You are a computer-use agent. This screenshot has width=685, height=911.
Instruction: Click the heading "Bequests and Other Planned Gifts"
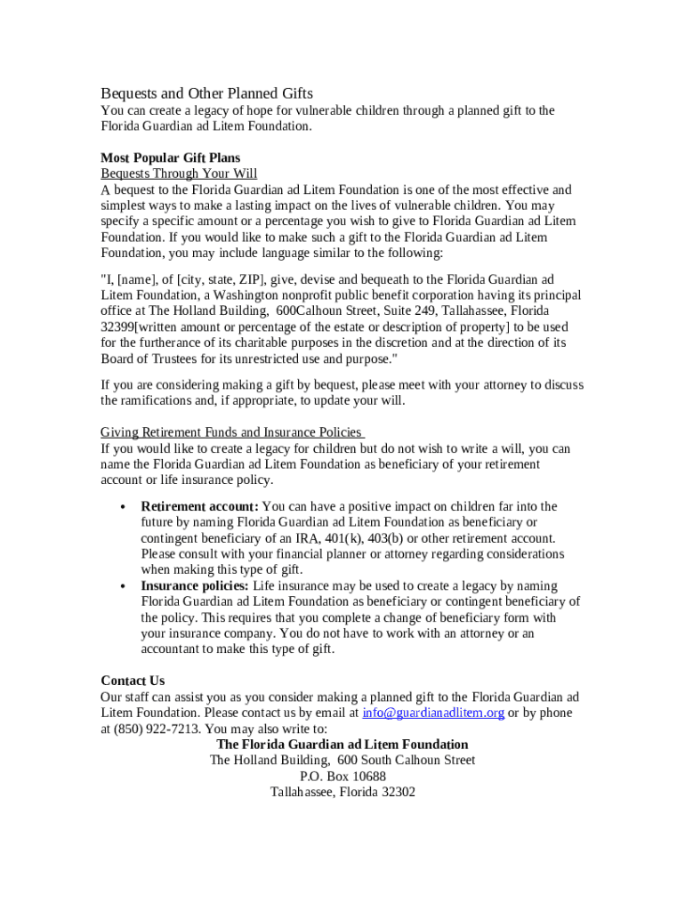pos(206,93)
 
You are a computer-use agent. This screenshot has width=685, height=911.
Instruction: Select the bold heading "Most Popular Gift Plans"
pos(170,157)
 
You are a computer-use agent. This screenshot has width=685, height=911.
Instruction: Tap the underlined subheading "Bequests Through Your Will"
pos(179,173)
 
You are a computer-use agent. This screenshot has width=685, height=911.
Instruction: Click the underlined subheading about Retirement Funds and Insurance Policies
pos(231,432)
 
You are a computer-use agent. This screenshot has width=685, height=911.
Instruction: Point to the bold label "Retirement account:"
pos(199,506)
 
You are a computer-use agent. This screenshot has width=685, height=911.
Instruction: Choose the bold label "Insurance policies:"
pos(195,586)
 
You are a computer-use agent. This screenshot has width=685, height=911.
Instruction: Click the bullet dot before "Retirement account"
pos(123,507)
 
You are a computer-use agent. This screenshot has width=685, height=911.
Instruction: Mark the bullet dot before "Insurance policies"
pos(123,587)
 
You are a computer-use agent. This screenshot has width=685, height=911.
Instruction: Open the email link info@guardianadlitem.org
pos(433,713)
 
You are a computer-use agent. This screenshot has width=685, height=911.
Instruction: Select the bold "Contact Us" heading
pos(133,681)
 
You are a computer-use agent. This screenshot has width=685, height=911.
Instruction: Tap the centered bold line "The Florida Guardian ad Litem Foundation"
pos(342,745)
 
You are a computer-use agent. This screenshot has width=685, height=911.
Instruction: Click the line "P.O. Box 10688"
pos(342,777)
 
